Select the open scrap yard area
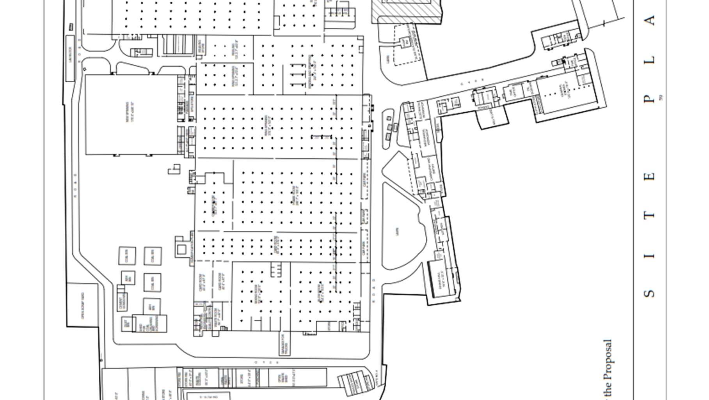83,310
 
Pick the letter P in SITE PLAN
649,99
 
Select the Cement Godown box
122,302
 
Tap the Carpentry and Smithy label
430,169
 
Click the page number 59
661,97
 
